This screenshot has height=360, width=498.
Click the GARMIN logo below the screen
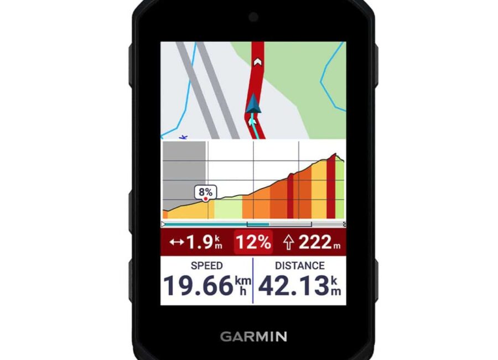[253, 336]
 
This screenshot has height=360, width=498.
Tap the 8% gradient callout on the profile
[206, 192]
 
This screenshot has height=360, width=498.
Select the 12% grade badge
[254, 242]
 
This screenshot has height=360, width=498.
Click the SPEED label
[206, 266]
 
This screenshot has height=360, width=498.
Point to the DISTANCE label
[299, 266]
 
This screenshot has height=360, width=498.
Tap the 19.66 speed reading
[198, 287]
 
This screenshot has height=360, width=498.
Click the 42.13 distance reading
[293, 287]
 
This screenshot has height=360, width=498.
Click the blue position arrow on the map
[253, 105]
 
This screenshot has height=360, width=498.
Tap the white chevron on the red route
[256, 62]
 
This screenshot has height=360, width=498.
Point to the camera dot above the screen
[253, 17]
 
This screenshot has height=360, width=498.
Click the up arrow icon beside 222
[288, 242]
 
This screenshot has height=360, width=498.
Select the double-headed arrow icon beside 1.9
[177, 242]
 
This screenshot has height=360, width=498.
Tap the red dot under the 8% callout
[206, 197]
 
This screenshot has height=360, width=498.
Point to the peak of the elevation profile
[334, 155]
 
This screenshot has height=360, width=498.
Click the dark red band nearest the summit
[330, 188]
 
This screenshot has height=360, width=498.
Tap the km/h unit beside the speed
[243, 286]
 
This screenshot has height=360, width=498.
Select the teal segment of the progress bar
[258, 224]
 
